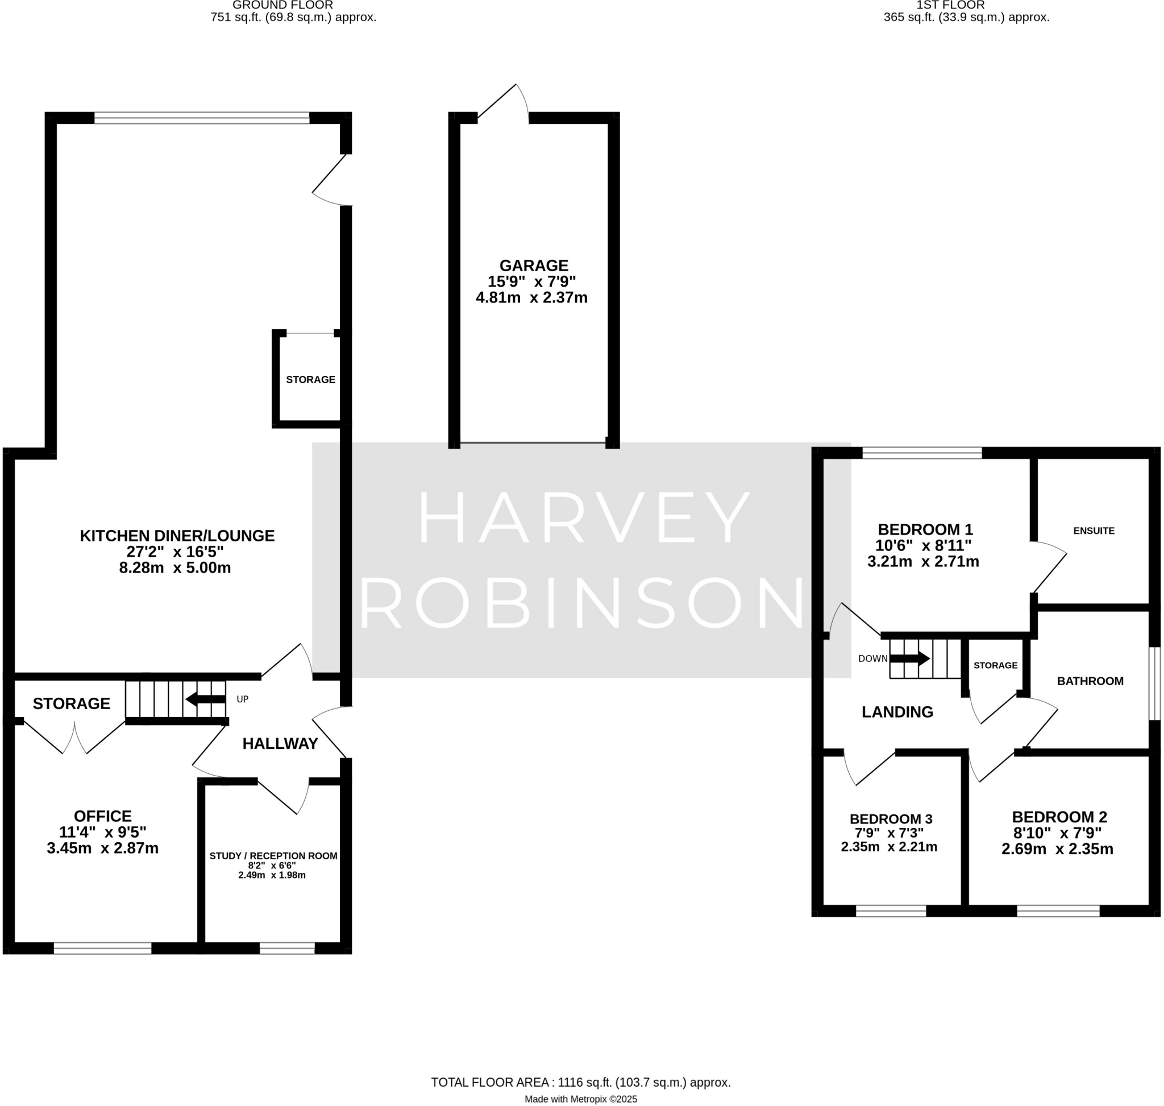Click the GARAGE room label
[533, 266]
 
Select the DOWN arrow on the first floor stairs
[909, 658]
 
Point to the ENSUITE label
[1094, 531]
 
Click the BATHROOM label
[1090, 681]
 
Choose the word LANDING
[897, 712]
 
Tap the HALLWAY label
[280, 743]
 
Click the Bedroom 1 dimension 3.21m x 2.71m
[923, 561]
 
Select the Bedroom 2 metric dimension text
[1057, 849]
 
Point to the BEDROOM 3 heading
[891, 819]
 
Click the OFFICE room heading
[102, 816]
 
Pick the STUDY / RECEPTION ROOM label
[273, 855]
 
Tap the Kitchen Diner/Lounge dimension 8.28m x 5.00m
[175, 568]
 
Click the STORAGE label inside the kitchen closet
[310, 380]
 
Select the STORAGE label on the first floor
[995, 665]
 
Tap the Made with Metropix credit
[580, 1099]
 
